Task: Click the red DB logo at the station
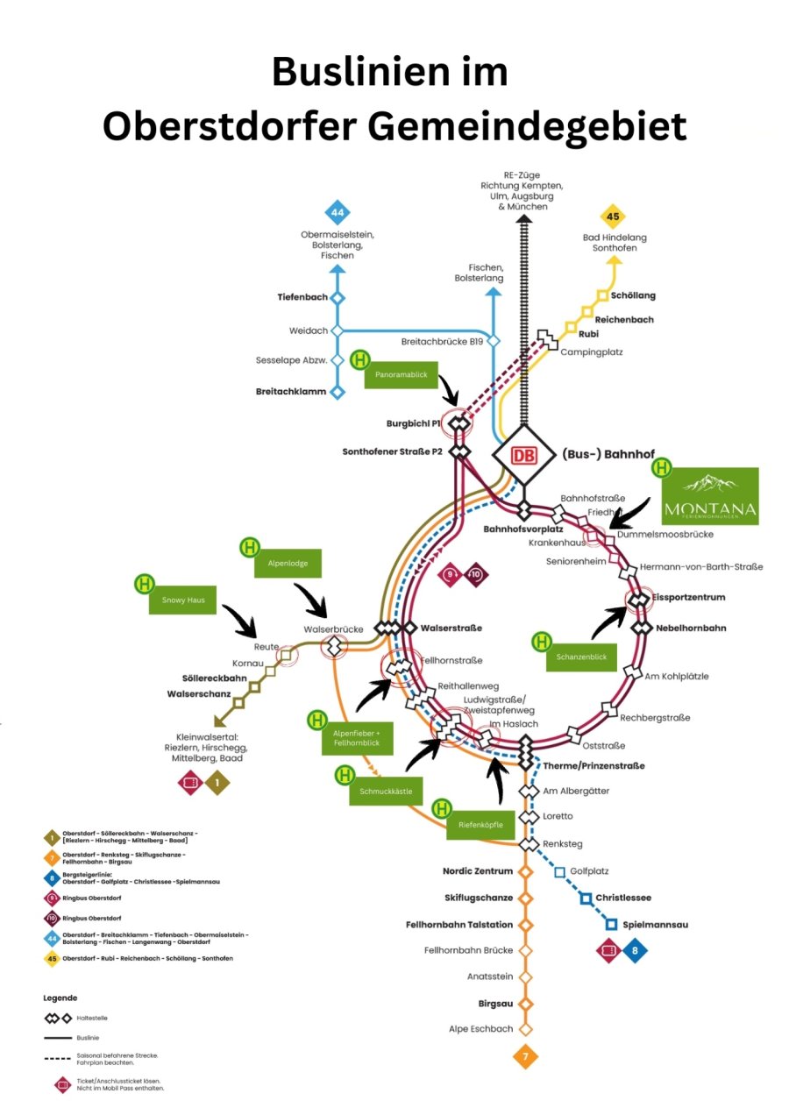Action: [523, 456]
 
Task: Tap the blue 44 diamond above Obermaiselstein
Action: [338, 212]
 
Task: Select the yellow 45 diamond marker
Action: [613, 217]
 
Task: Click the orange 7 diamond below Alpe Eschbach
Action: [526, 1057]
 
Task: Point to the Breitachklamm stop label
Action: [290, 392]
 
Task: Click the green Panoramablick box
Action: [402, 375]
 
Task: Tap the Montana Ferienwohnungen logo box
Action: [709, 496]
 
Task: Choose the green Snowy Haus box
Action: [181, 600]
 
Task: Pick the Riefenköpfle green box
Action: [483, 825]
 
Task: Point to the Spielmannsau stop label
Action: [657, 925]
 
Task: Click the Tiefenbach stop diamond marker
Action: [338, 298]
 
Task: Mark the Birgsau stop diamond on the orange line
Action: [526, 1004]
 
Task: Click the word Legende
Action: [60, 998]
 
